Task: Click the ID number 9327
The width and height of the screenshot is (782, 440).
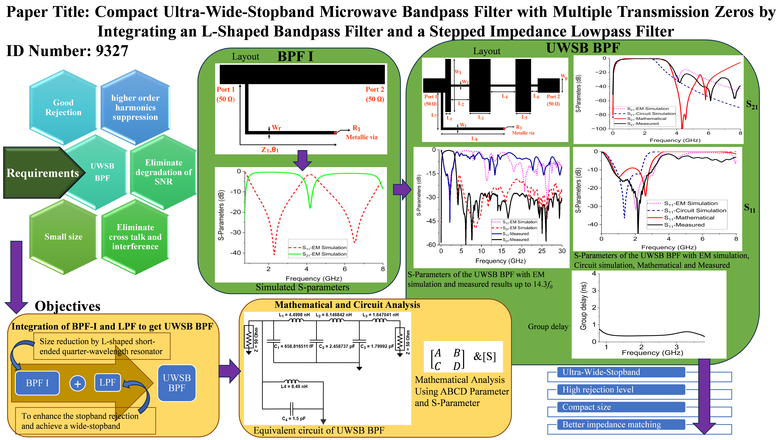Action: pos(112,51)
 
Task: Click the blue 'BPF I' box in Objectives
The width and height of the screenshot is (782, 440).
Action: pos(37,383)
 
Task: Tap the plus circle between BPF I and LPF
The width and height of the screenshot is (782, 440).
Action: pos(78,383)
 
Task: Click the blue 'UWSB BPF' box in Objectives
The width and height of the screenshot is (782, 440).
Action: pos(177,383)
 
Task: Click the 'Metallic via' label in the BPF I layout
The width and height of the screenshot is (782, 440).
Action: pos(362,137)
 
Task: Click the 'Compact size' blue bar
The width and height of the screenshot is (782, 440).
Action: pos(621,407)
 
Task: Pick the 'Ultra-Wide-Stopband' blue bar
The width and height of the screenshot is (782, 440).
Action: pos(621,372)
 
